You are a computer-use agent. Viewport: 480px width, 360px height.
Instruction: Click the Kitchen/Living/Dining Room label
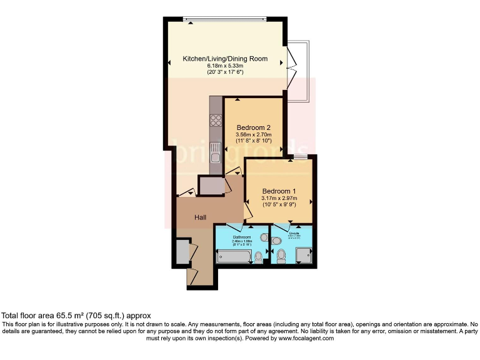(225, 59)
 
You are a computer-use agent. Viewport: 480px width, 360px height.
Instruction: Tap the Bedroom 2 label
(253, 129)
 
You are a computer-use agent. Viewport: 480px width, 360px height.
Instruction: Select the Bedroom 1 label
(279, 191)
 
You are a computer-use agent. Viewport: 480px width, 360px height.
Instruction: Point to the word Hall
(201, 217)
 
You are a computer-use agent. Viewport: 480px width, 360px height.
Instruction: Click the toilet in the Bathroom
(259, 256)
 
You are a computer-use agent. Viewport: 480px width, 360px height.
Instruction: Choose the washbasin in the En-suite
(277, 241)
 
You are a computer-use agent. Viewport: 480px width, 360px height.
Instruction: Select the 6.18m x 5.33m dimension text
(225, 66)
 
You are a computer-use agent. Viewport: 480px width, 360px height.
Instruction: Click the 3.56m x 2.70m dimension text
(253, 136)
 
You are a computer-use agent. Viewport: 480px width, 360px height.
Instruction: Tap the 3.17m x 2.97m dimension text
(279, 198)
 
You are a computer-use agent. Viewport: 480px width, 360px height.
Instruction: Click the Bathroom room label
(242, 237)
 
